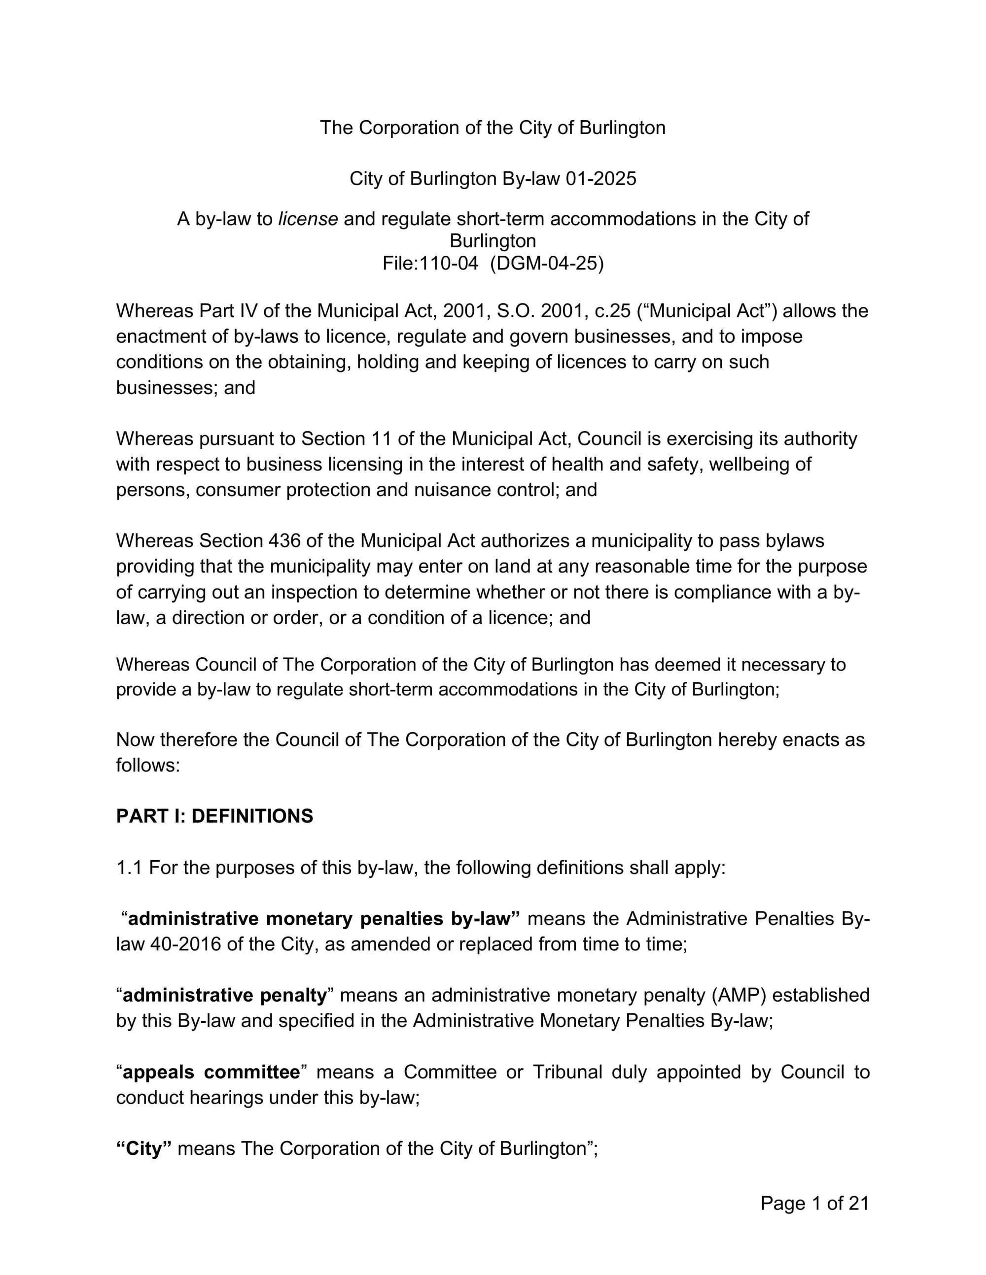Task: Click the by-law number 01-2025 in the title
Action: point(601,179)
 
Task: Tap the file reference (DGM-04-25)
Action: point(547,263)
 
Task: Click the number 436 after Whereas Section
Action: point(284,540)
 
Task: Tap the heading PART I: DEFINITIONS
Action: point(214,816)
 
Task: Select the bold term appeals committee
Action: point(211,1073)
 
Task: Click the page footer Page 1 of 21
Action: point(814,1203)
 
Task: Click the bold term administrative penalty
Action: point(224,995)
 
